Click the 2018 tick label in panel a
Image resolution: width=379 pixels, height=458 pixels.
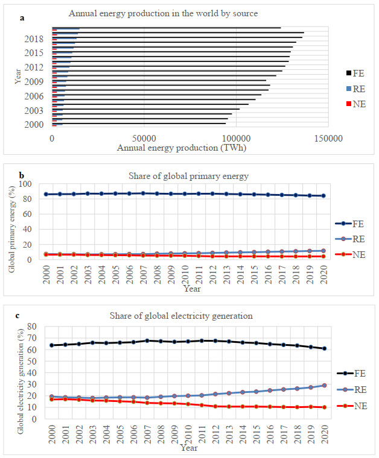[x=34, y=39]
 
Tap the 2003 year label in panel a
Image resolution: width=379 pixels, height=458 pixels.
[x=34, y=110]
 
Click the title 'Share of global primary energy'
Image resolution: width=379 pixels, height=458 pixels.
[x=180, y=176]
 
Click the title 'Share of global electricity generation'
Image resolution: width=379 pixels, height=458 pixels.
[x=181, y=316]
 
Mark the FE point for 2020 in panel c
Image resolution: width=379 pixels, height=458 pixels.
[x=325, y=348]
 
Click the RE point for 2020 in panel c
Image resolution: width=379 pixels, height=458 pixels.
[x=325, y=385]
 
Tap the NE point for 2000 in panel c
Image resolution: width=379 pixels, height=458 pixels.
[x=52, y=399]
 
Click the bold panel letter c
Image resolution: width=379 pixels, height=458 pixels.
[x=18, y=315]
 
